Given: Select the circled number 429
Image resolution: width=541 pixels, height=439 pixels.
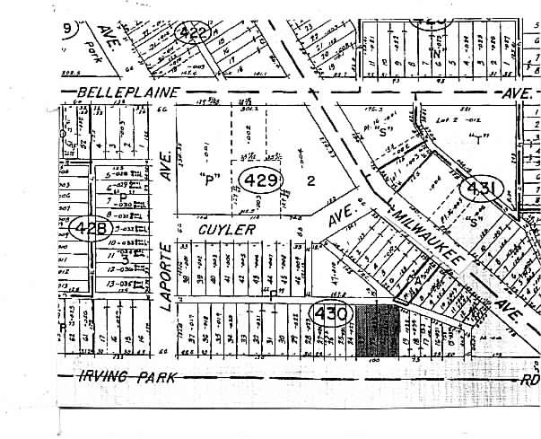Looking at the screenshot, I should (x=261, y=182).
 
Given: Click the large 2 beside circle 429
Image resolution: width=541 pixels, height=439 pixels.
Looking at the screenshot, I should (x=311, y=180).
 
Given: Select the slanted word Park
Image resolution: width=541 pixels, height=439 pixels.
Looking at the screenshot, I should (x=90, y=45).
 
